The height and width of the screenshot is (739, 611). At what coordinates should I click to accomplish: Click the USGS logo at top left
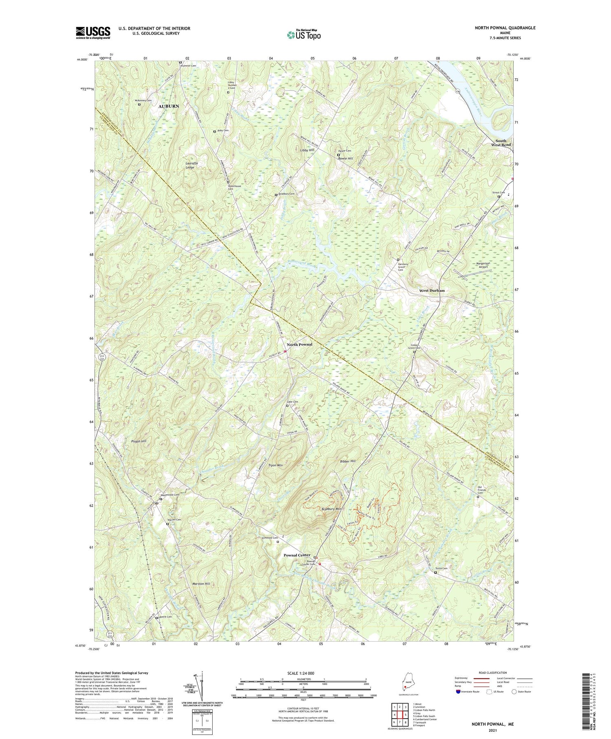tap(93, 33)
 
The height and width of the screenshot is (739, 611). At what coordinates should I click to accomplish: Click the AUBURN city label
tap(168, 106)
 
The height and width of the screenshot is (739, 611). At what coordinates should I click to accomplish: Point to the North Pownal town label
tap(299, 344)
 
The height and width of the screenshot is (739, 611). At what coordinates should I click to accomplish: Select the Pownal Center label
tap(297, 555)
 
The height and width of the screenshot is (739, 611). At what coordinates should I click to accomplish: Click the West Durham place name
tap(432, 291)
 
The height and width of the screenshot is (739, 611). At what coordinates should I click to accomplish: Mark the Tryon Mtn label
tap(275, 465)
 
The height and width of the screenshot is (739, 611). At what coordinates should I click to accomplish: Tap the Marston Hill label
tap(201, 584)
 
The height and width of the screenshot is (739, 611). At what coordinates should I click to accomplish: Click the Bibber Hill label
tap(347, 461)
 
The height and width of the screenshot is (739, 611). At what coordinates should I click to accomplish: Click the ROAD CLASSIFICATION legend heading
tap(493, 673)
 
